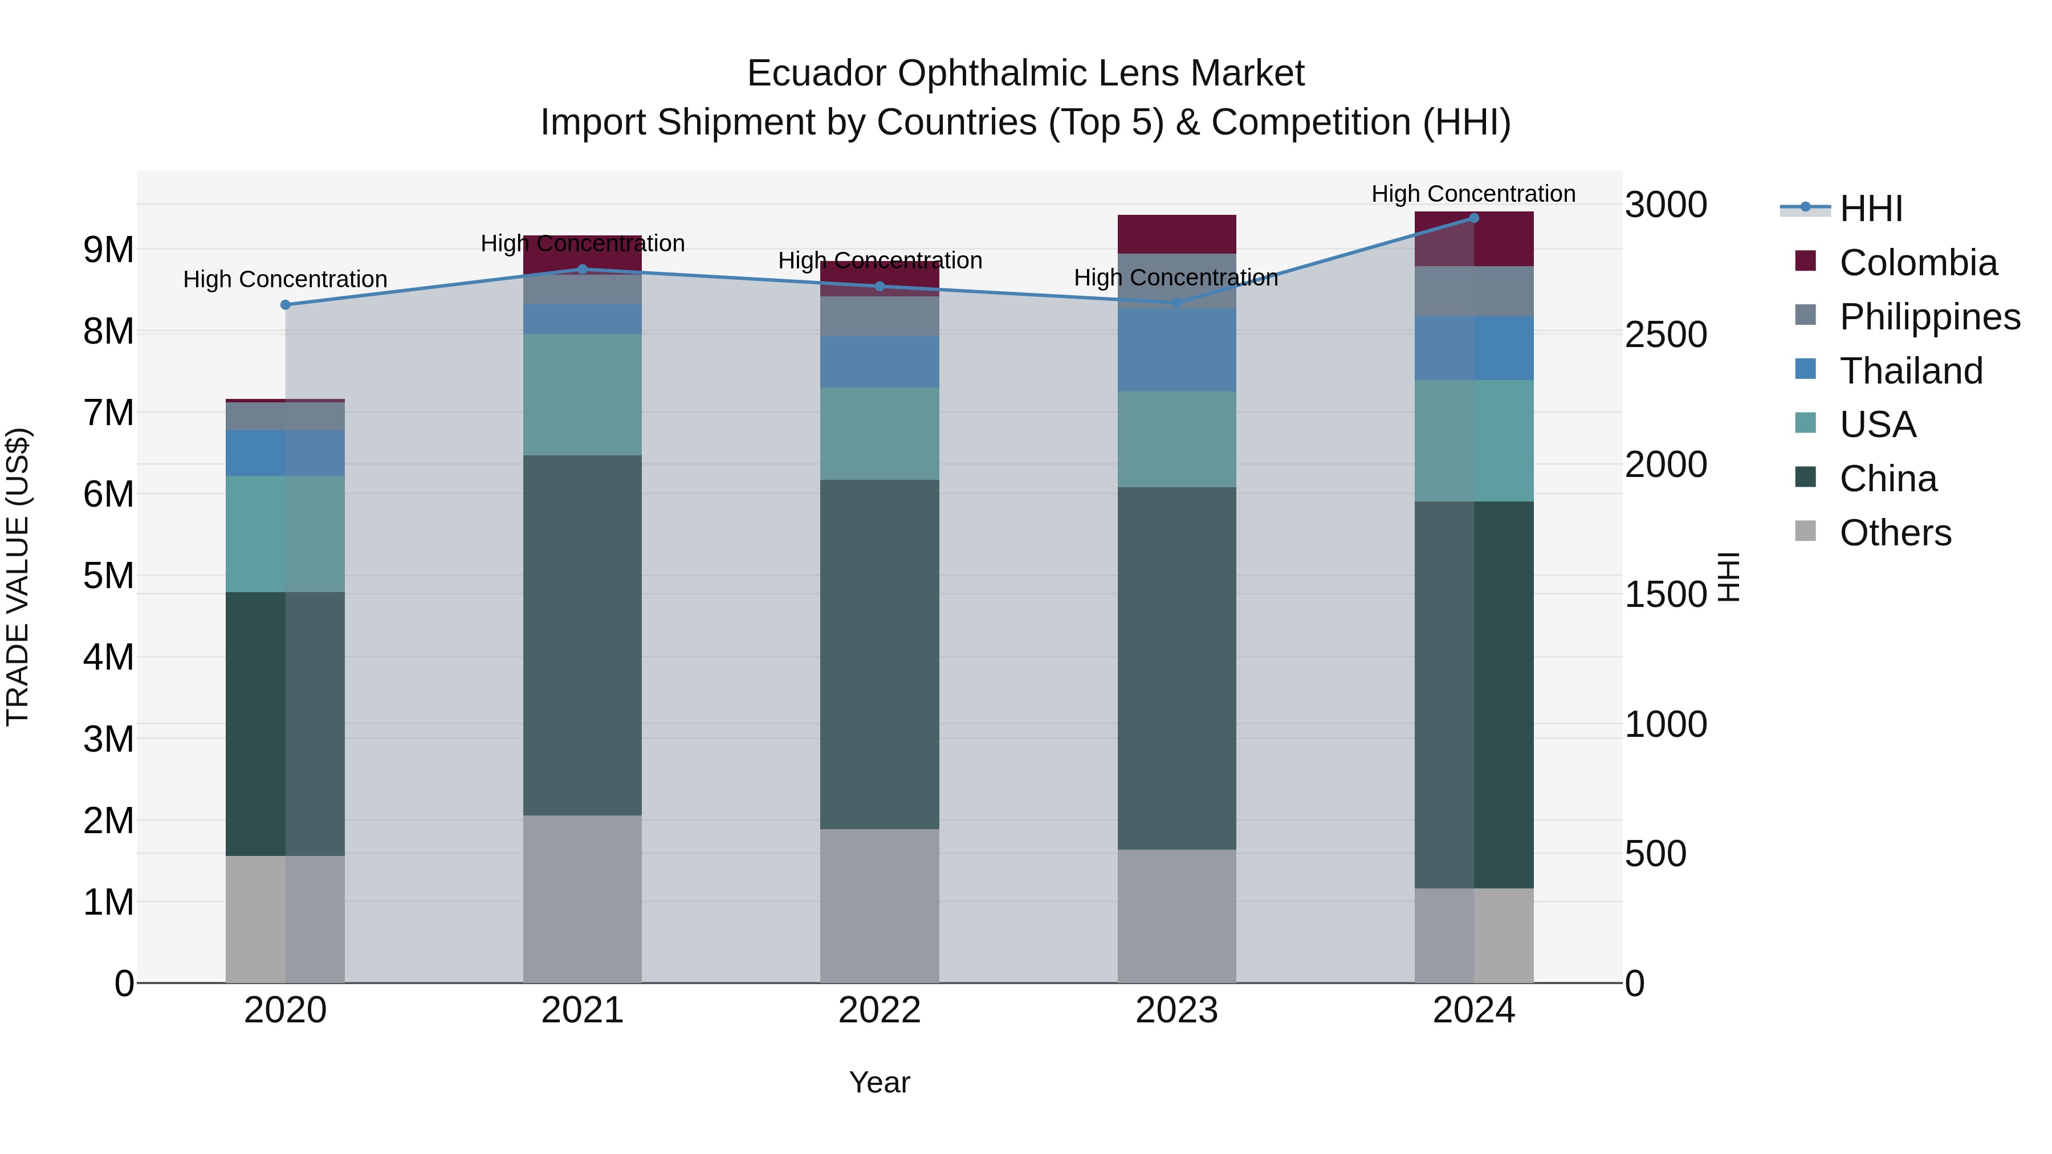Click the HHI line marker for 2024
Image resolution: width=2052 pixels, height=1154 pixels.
(x=1473, y=218)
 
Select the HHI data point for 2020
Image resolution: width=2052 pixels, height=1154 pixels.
(x=285, y=305)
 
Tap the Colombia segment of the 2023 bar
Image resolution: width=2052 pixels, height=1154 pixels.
(x=1176, y=234)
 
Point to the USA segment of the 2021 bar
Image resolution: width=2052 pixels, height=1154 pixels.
(x=583, y=394)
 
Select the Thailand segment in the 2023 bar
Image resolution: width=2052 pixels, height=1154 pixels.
(x=1176, y=350)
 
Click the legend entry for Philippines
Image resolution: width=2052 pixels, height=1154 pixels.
(x=1929, y=317)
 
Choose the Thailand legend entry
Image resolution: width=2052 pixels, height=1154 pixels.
(x=1910, y=371)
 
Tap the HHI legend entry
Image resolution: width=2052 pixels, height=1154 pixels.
(x=1870, y=209)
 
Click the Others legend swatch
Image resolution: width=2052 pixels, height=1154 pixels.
(x=1805, y=531)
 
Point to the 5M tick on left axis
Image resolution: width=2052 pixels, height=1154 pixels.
(x=108, y=576)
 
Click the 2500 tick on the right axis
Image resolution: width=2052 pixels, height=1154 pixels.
(x=1665, y=335)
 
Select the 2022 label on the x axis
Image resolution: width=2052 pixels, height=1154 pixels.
(x=880, y=1010)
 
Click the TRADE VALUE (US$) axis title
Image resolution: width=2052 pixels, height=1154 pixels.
(x=18, y=577)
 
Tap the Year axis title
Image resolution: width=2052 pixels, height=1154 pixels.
(x=880, y=1082)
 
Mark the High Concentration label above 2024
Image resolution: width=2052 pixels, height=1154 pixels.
(x=1473, y=194)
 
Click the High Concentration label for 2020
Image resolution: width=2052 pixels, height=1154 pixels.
(x=285, y=280)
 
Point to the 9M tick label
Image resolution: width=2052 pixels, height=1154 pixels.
(x=108, y=250)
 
